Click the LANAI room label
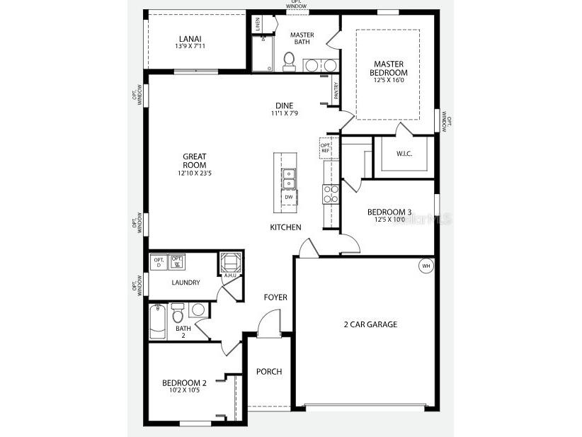190,38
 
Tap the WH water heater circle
426,266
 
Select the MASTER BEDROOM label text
389,68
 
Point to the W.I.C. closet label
404,154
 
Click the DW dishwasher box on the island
289,197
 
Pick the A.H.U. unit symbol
230,263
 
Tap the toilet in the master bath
289,61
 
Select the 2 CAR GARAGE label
370,324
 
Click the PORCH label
269,371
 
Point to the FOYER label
275,297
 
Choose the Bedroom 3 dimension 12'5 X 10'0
389,220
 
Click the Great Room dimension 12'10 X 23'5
194,173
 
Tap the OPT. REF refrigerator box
326,147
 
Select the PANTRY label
336,91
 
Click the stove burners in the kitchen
331,193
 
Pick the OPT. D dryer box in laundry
158,261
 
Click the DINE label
284,106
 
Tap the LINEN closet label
257,23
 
